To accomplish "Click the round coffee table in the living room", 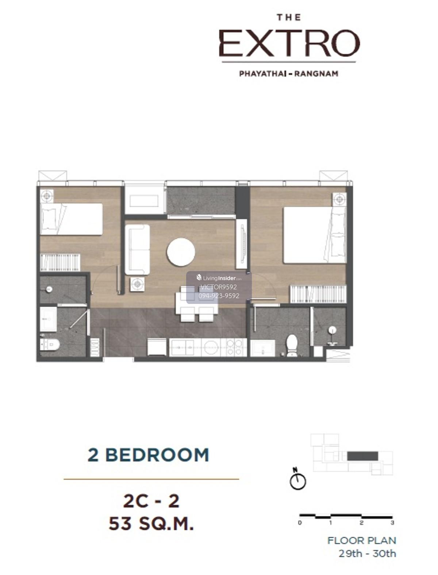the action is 180,252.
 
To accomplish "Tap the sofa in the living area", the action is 137,250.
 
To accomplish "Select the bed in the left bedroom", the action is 71,219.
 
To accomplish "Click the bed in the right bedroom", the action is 315,235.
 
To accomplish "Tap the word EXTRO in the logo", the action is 289,43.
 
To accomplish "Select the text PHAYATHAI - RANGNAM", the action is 289,74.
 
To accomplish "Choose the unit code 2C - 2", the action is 151,501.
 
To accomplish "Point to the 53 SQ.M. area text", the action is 151,524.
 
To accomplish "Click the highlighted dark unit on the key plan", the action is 362,456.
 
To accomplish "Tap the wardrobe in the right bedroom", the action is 318,294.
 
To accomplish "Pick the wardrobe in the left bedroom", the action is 60,262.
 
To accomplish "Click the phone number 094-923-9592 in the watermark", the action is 219,296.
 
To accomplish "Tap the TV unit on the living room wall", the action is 241,244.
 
